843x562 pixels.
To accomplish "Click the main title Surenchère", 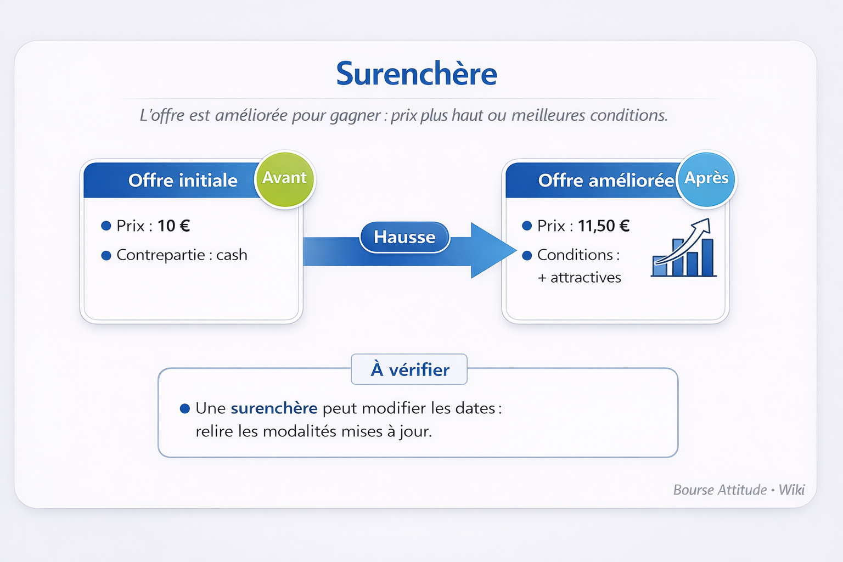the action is coord(417,73).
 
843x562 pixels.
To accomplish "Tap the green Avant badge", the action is coord(284,179).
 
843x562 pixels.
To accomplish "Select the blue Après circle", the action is coord(706,179).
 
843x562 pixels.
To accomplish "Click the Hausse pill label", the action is coord(404,237).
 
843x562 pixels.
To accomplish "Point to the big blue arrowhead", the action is coord(491,250).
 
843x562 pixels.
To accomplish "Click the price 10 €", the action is coord(173,226).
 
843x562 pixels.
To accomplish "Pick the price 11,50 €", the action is coord(604,226).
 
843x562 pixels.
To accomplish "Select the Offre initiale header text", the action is coord(183,181).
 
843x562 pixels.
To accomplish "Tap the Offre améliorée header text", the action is coord(606,181).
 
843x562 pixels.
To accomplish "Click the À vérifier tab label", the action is coord(410,370).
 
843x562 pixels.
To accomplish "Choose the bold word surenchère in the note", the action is coord(274,408).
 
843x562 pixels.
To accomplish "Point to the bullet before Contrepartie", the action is coord(106,256).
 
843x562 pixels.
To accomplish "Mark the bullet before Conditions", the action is coord(527,256).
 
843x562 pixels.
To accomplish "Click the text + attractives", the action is coord(579,278).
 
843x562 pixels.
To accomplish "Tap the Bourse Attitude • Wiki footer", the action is coord(739,490).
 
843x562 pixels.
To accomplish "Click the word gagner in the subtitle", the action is coord(356,116).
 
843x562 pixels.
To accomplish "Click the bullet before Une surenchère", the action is coord(185,408).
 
